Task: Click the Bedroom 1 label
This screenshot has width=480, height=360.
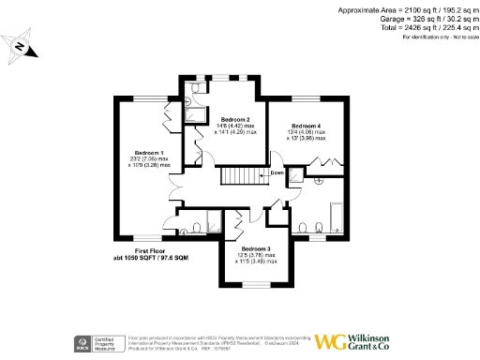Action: [x=149, y=153]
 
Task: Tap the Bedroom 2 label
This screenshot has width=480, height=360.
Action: [x=234, y=120]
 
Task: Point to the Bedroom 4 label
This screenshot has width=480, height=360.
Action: [x=306, y=126]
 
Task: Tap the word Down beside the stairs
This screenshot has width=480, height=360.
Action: [x=277, y=173]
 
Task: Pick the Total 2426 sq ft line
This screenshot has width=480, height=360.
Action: [x=412, y=27]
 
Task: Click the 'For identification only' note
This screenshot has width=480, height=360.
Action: [x=437, y=37]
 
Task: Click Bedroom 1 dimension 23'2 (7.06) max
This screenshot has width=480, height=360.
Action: [x=151, y=159]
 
